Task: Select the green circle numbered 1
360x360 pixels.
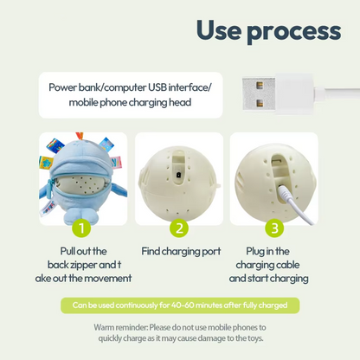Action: coord(80,228)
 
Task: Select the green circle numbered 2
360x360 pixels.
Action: coord(178,228)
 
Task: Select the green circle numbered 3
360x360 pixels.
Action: coord(274,228)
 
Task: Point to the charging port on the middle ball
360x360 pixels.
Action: coord(177,173)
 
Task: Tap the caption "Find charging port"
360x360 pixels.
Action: coord(180,251)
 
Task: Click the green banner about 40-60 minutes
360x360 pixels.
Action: coord(180,305)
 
